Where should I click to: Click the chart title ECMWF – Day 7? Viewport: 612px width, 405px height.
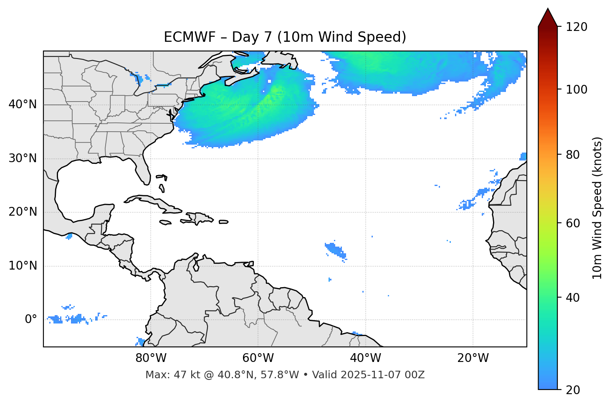(285, 37)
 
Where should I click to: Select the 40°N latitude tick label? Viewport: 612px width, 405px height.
(23, 104)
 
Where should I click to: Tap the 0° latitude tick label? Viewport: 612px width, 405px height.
(31, 320)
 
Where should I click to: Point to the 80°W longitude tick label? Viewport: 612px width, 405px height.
(151, 358)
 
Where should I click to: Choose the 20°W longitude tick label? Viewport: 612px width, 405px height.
(473, 358)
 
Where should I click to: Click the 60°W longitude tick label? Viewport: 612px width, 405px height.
(258, 358)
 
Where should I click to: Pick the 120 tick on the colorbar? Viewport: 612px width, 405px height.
(577, 27)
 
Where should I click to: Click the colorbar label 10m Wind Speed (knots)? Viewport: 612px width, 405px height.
(597, 208)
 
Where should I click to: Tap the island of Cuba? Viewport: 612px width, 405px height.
(150, 201)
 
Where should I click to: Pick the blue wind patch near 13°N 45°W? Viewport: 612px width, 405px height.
(336, 250)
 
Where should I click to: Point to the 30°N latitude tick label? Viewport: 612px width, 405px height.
(23, 158)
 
